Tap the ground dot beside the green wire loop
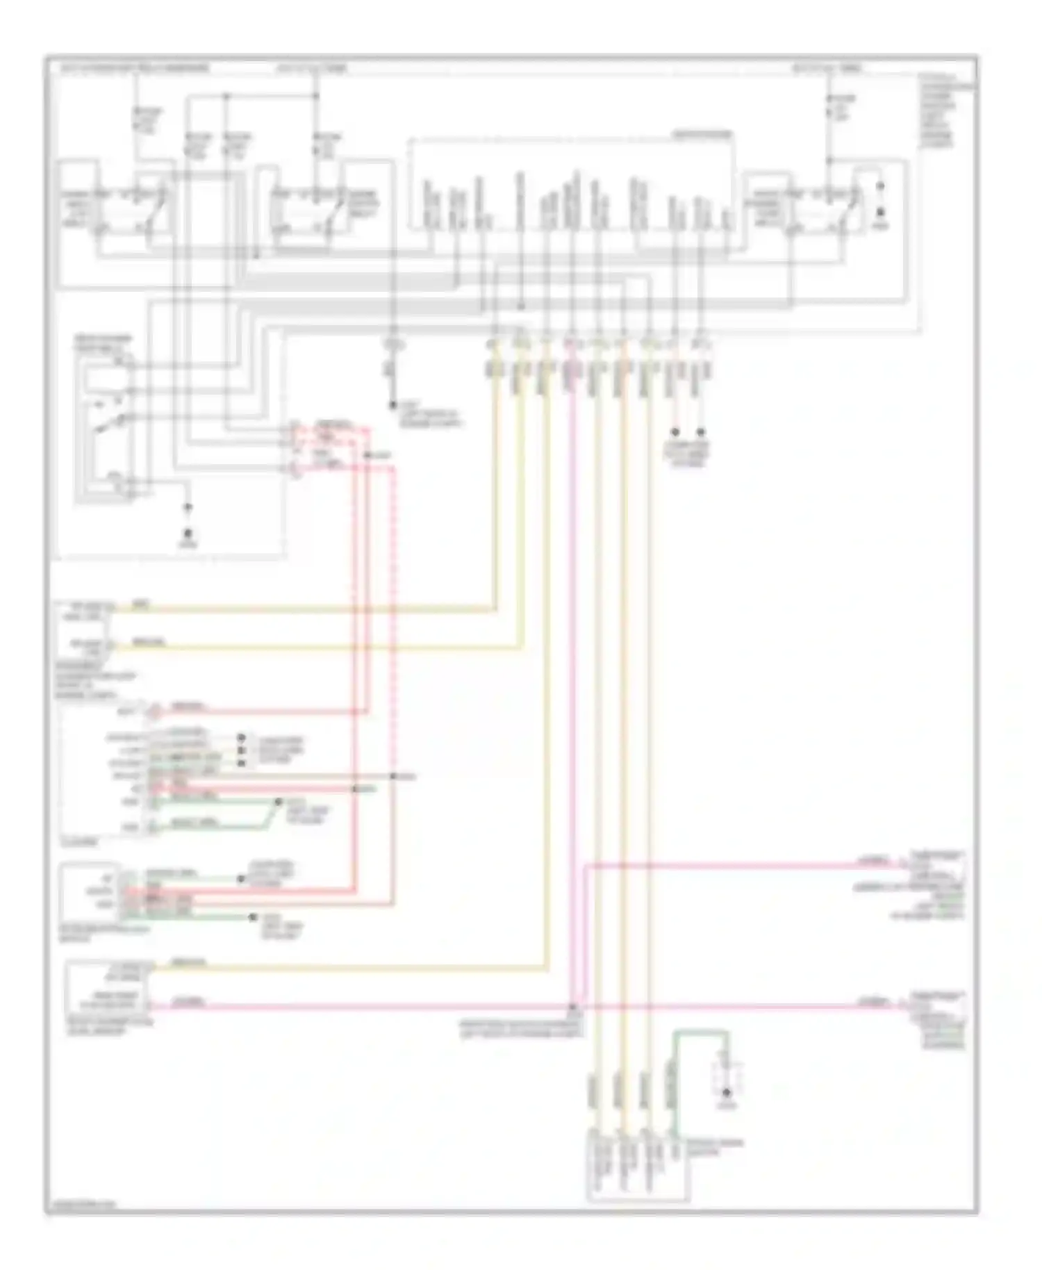point(727,1094)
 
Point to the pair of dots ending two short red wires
point(688,432)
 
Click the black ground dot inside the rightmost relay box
point(880,211)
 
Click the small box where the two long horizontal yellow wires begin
point(85,629)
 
